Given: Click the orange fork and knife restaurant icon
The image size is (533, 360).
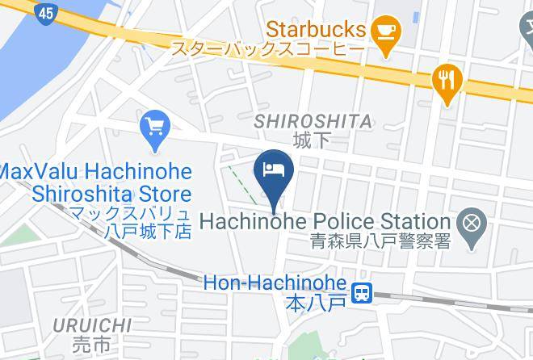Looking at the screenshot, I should click(x=446, y=81).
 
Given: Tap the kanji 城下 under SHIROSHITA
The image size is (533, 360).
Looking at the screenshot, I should click(x=313, y=140).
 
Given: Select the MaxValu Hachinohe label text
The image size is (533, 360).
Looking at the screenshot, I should click(x=97, y=172).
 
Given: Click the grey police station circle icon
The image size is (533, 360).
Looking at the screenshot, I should click(x=469, y=220).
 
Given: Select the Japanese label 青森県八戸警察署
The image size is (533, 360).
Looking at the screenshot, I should click(x=381, y=241).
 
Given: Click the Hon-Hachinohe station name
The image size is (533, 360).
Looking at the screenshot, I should click(x=275, y=284).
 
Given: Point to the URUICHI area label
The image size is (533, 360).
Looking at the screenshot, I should click(x=92, y=325).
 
